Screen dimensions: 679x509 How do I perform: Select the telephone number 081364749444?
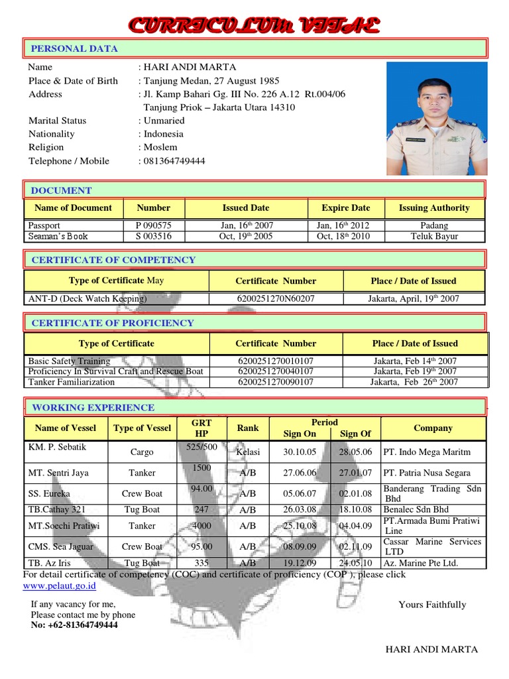175,161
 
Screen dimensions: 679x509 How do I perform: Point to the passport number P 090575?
153,225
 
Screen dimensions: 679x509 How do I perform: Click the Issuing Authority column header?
434,208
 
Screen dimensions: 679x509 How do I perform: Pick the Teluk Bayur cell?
434,236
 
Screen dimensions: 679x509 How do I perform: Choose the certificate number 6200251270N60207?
276,298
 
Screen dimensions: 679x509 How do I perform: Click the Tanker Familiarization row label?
72,382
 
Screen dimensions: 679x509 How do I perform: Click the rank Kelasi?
248,452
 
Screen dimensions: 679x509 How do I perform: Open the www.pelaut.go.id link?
60,586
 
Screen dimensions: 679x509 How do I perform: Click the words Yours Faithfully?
432,605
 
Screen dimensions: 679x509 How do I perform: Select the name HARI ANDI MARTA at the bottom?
431,649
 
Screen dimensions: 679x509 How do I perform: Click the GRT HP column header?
201,428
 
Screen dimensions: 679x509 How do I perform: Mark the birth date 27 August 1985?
217,81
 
